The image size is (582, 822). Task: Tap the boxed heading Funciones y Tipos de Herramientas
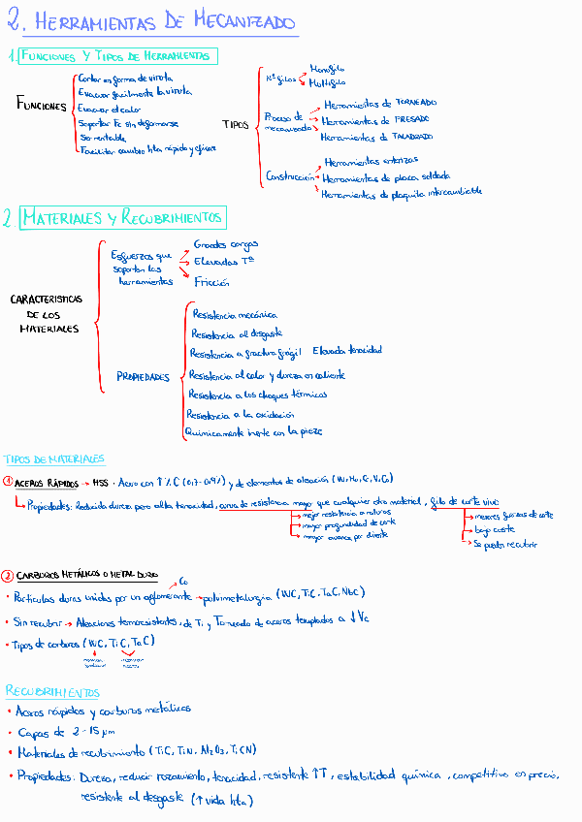[x=118, y=56]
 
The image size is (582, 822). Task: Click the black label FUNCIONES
[x=42, y=106]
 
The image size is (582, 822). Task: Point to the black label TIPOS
[x=236, y=124]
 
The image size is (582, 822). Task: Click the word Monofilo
[x=327, y=69]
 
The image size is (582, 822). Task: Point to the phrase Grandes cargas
[x=226, y=245]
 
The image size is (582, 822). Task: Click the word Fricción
[x=212, y=282]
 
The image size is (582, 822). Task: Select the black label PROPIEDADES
[x=143, y=376]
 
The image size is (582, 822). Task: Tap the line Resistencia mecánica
[x=235, y=315]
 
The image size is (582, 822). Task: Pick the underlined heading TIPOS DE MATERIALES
[x=54, y=458]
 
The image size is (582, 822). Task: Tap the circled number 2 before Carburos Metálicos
[x=8, y=575]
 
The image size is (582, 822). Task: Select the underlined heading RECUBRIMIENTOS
[x=53, y=692]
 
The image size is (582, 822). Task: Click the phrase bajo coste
[x=495, y=530]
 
